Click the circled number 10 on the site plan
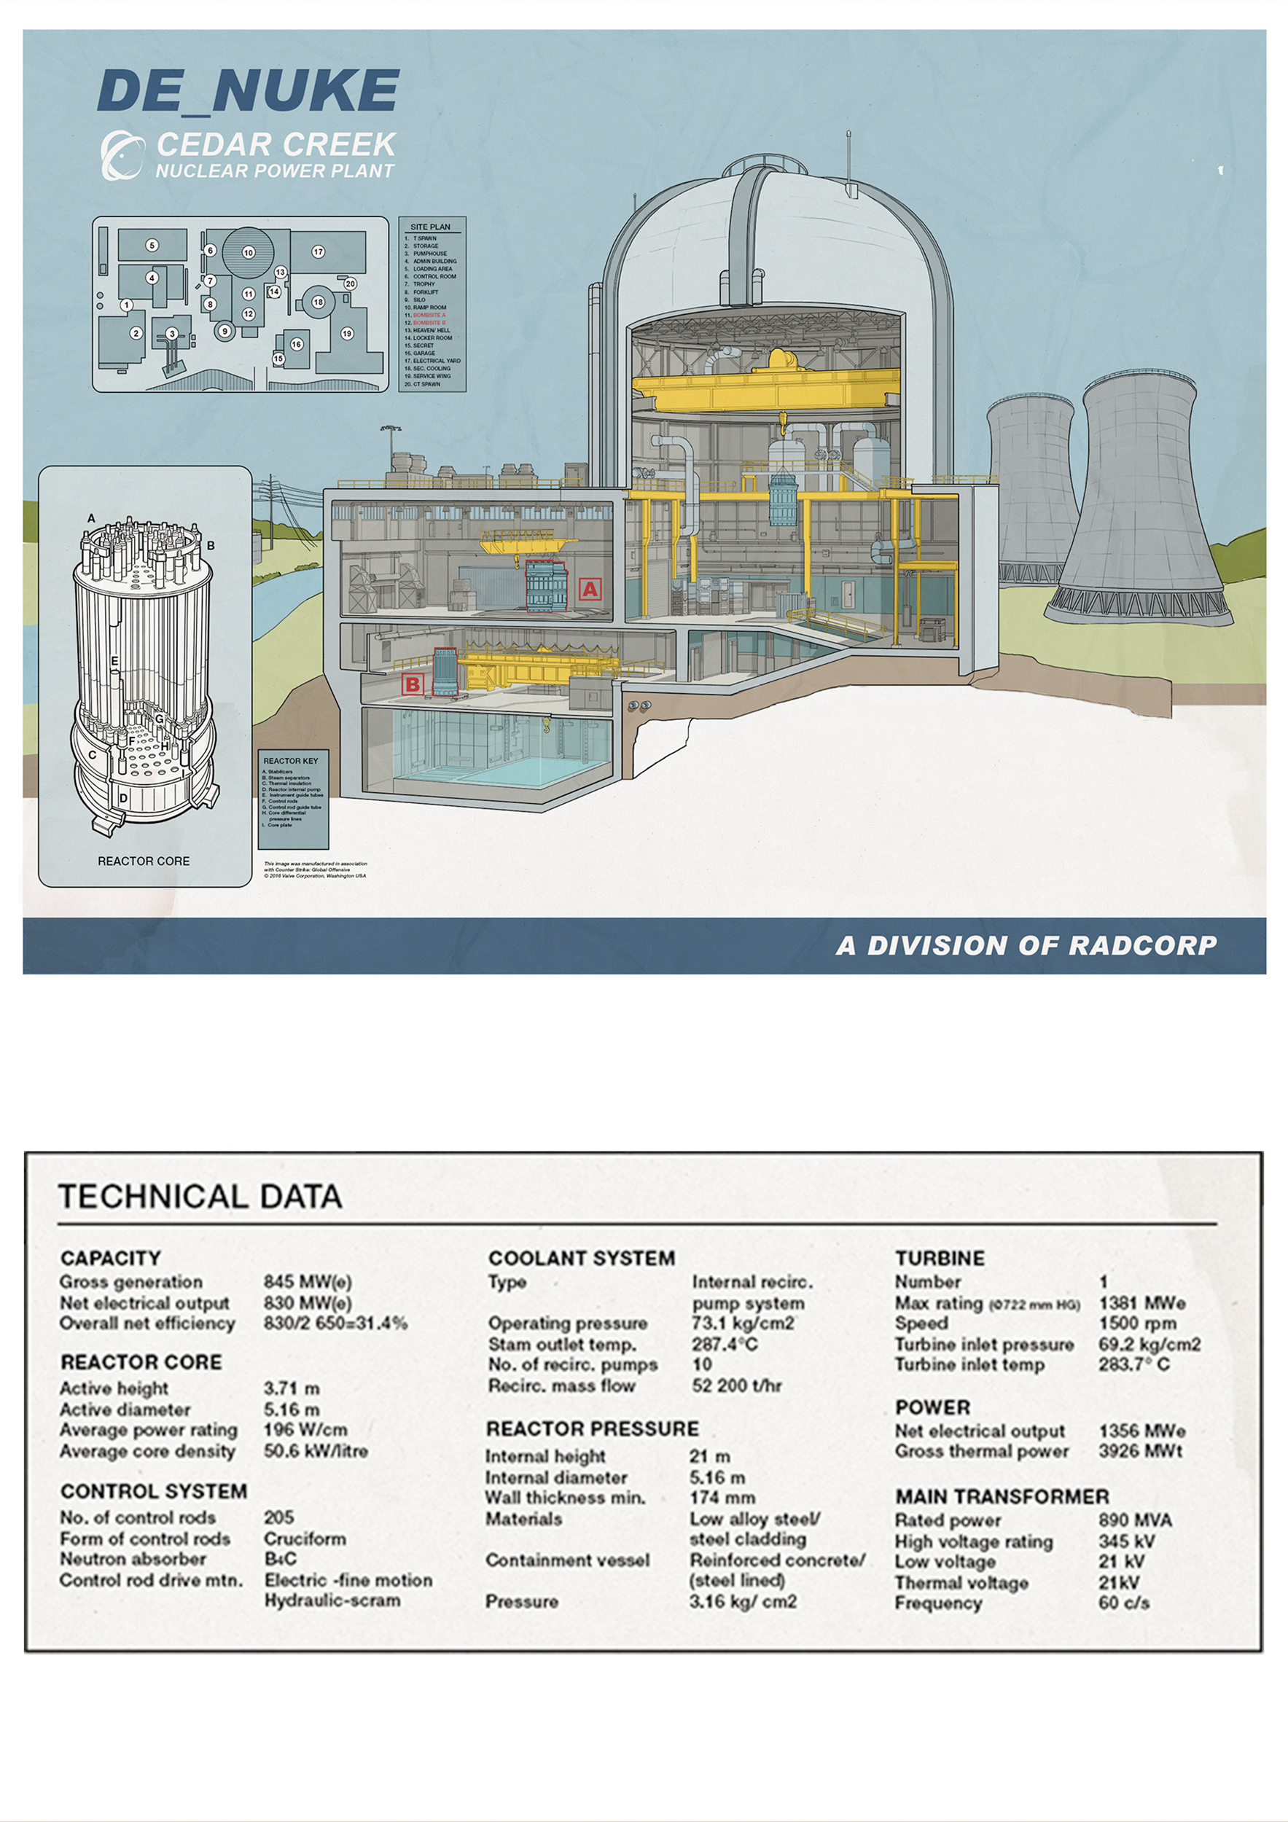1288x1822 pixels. coord(249,252)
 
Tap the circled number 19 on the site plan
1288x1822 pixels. coord(347,333)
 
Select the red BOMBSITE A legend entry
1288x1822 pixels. coord(429,315)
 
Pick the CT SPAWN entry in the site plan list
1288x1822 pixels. coord(426,384)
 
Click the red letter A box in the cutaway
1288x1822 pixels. coord(590,589)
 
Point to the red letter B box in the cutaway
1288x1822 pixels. coord(413,684)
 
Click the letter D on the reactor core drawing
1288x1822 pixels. coord(124,797)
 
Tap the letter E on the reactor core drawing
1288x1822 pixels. coord(114,661)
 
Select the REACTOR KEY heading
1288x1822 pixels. coord(290,761)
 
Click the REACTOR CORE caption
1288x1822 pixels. coord(144,861)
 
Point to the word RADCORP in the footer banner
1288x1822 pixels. coord(1142,946)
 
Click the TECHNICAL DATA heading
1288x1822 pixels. coord(200,1197)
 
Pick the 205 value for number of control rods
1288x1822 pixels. coord(278,1517)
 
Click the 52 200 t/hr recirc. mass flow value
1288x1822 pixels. coord(736,1385)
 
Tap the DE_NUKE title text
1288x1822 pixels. coord(248,90)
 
